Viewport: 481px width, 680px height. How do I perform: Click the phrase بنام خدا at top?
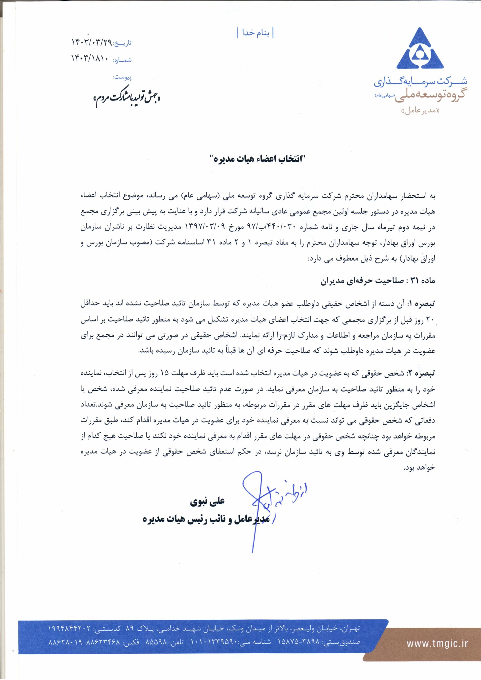coord(255,33)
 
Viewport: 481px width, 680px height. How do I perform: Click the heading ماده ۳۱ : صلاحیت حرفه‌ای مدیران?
coord(378,281)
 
